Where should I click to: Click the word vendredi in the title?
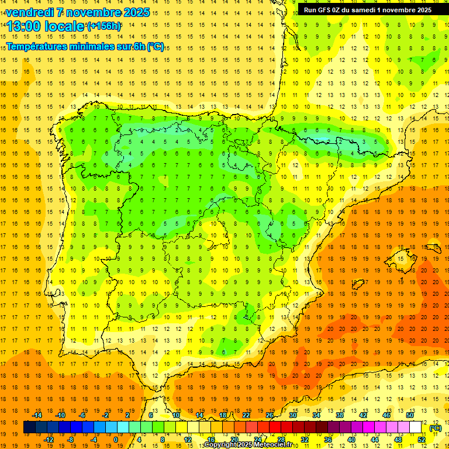pos(31,12)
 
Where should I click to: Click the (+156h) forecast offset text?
pos(104,26)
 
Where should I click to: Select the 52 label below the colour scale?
pos(422,440)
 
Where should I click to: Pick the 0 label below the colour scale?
pos(116,440)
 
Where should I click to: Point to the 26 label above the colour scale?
pos(270,415)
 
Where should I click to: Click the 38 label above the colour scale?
pos(340,415)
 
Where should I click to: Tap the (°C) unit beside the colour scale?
pos(435,428)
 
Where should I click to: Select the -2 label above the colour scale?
pos(106,415)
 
